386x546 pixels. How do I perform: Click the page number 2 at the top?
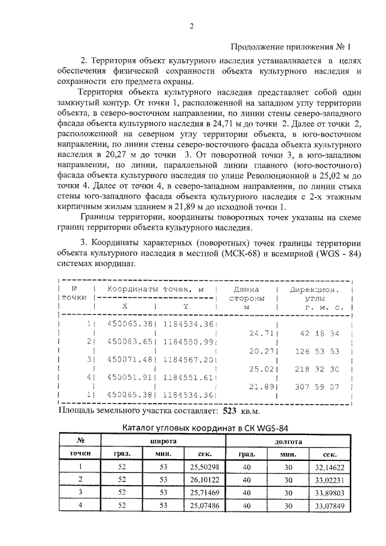(192, 25)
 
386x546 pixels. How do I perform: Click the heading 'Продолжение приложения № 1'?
(290, 46)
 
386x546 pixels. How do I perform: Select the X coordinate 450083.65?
(128, 342)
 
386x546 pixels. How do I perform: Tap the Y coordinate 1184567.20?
(188, 360)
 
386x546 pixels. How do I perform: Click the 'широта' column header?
(162, 442)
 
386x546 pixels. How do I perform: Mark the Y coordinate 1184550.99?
(188, 342)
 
